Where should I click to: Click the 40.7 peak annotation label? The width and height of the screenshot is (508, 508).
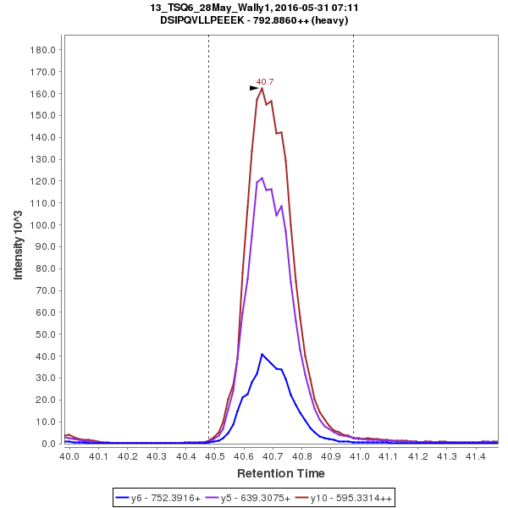(265, 82)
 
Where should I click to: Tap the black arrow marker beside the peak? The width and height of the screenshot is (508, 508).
(253, 87)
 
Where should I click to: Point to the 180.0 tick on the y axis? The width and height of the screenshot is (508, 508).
(42, 50)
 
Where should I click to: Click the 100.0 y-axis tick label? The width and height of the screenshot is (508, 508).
(42, 225)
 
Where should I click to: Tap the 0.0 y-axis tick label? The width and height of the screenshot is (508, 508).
(48, 444)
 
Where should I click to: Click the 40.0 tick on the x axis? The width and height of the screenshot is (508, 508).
(70, 456)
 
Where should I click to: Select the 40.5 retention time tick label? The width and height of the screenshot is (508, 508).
(215, 456)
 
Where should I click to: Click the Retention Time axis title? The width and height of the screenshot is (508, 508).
(280, 473)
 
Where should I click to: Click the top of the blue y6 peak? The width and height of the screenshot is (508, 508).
(262, 354)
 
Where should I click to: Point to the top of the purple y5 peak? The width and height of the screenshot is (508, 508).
(262, 178)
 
